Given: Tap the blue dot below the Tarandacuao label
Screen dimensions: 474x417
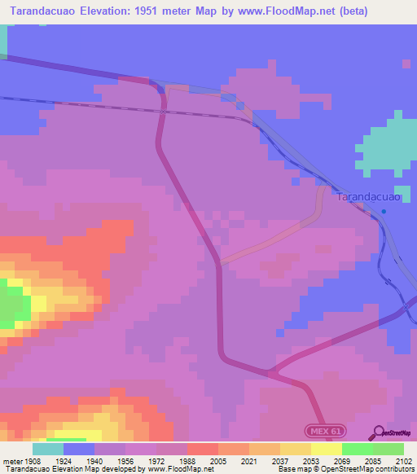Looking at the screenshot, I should tap(384, 212).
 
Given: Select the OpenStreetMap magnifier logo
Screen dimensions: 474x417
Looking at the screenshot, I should tap(378, 433).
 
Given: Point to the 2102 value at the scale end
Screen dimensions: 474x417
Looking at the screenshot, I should tap(402, 462).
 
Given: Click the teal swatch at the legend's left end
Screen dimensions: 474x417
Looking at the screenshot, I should tap(47, 449).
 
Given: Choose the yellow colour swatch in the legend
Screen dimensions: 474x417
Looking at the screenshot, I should tap(325, 449).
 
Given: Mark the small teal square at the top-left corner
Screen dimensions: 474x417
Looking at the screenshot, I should tap(3, 41).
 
